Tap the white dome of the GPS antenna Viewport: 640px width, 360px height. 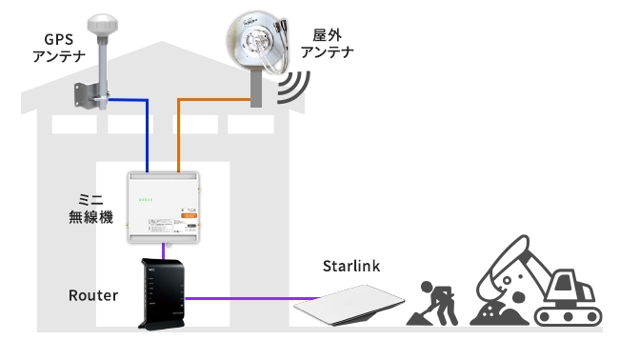100,23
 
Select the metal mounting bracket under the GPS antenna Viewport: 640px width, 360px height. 91,94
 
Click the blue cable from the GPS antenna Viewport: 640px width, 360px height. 147,133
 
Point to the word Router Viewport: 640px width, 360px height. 93,295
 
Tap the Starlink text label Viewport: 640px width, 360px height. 351,266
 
